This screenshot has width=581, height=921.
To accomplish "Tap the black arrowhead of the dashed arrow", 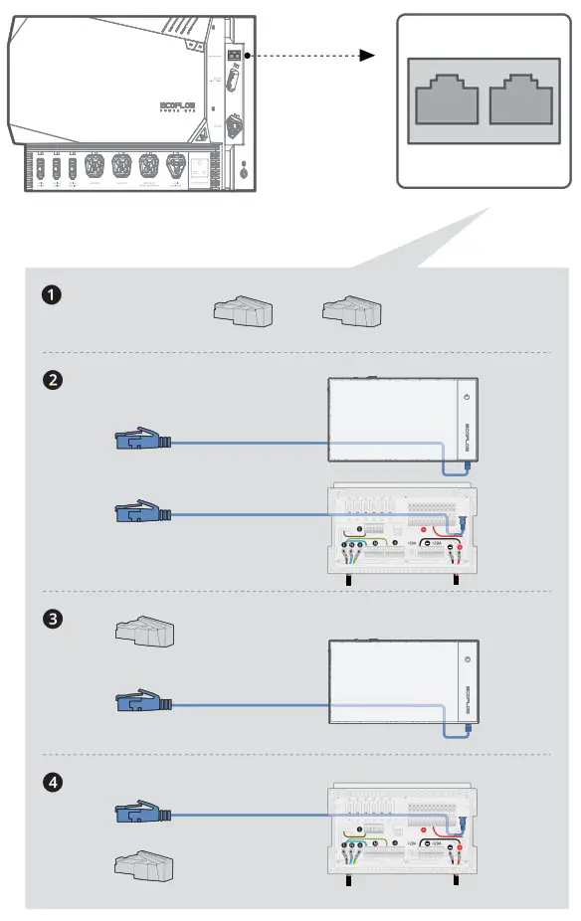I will tap(367, 56).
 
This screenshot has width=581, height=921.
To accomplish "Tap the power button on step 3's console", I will tap(466, 658).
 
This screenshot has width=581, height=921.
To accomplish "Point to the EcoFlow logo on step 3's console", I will tap(468, 697).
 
